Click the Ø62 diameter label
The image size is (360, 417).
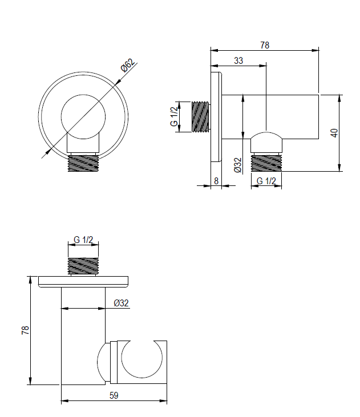point(128,65)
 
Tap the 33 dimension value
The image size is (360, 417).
point(238,60)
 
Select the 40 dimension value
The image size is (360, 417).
point(335,133)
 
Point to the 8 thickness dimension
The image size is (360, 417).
point(216,181)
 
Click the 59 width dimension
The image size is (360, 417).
point(114,395)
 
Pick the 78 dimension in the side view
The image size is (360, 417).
point(265,45)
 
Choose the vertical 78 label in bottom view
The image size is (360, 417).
point(25,330)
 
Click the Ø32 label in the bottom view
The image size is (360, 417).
point(121,303)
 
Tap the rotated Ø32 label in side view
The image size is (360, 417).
point(238,165)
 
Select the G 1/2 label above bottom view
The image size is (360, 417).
point(83,240)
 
